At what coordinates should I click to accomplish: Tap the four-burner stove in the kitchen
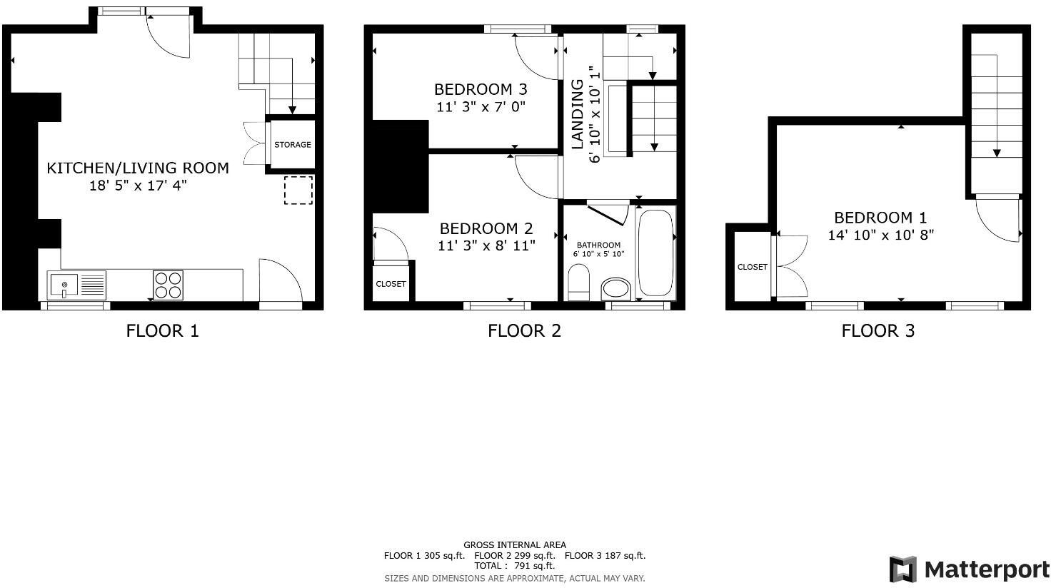tap(168, 285)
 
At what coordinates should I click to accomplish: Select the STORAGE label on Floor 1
tap(293, 145)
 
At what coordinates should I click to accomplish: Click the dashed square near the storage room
tap(298, 190)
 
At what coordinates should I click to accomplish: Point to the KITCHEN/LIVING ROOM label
tap(138, 168)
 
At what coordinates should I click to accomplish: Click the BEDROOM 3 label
tap(481, 89)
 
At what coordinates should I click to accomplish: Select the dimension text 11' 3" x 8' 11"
tap(486, 245)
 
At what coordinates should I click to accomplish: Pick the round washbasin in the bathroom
tap(616, 289)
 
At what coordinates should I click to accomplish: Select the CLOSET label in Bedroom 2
tap(391, 284)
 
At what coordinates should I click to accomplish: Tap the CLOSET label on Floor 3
tap(752, 267)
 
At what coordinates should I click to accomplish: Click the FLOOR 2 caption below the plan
tap(524, 330)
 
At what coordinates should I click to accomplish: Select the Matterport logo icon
tap(902, 569)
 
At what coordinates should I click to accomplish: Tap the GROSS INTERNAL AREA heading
tap(514, 544)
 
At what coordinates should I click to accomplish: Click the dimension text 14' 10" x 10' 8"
tap(880, 235)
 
